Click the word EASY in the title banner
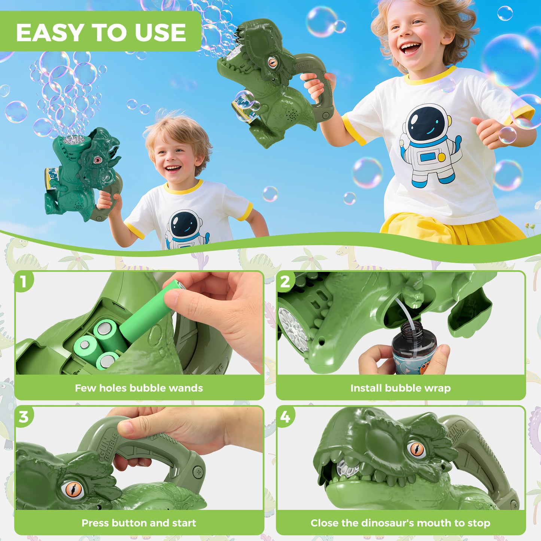50,33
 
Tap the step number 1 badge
24,282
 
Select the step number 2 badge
285,282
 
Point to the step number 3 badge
24,416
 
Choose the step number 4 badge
285,416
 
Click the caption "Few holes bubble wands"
139,388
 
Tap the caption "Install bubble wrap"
400,388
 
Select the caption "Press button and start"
139,523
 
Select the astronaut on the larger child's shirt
430,146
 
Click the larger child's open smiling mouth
410,48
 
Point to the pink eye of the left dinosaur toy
97,160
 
